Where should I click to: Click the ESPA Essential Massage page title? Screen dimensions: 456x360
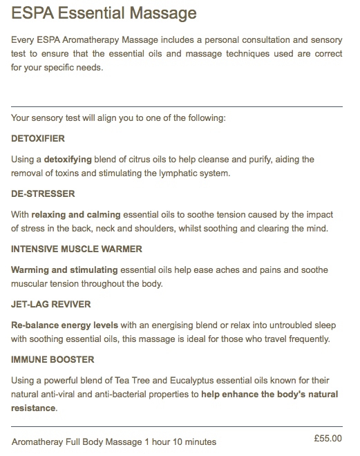point(104,14)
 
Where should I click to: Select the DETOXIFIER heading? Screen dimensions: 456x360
point(38,139)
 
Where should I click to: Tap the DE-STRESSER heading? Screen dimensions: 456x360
point(44,194)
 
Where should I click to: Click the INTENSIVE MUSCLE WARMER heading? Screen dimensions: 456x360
point(77,249)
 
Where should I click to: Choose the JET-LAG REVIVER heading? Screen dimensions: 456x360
point(51,305)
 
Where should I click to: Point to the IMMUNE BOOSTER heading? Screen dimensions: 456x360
point(53,360)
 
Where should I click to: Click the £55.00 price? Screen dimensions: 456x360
point(327,438)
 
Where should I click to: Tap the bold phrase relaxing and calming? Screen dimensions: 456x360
point(76,215)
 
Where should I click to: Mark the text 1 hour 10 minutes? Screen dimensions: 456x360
point(180,442)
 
